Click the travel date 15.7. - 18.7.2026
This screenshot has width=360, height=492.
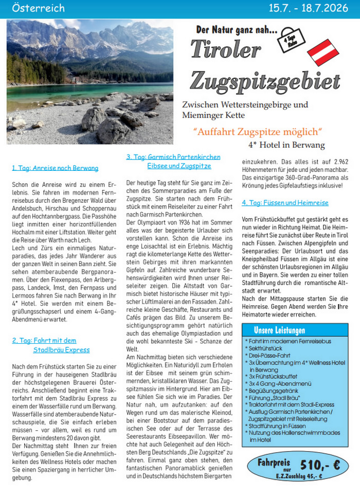pos(312,8)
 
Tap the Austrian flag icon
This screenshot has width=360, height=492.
pos(322,55)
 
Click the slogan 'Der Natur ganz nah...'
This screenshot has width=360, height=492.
pos(237,30)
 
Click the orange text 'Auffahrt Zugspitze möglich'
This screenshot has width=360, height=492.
pos(258,131)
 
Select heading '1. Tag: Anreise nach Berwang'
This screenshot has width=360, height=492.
pos(55,168)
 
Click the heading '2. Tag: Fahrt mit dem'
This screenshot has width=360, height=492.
pos(44,340)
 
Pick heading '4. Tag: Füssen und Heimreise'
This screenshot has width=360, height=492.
pos(285,203)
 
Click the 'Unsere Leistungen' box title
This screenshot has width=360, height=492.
pos(279,330)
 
